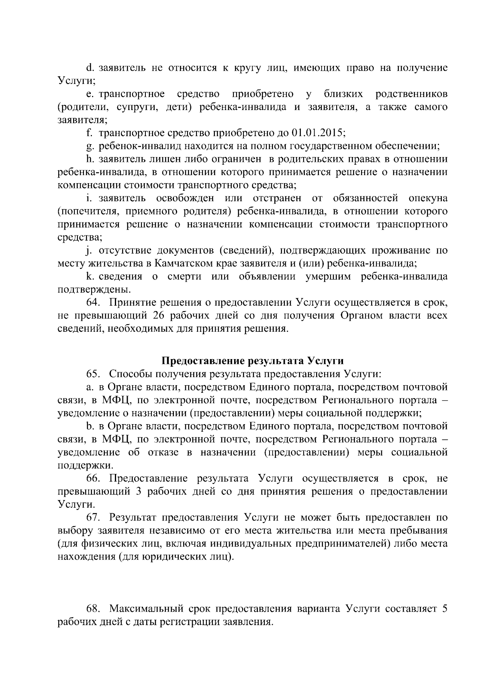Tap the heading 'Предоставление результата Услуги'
tap(253, 360)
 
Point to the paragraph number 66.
tap(92, 478)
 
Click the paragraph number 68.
tap(92, 609)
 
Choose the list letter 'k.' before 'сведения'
tap(90, 277)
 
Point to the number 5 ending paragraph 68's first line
tap(444, 609)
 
